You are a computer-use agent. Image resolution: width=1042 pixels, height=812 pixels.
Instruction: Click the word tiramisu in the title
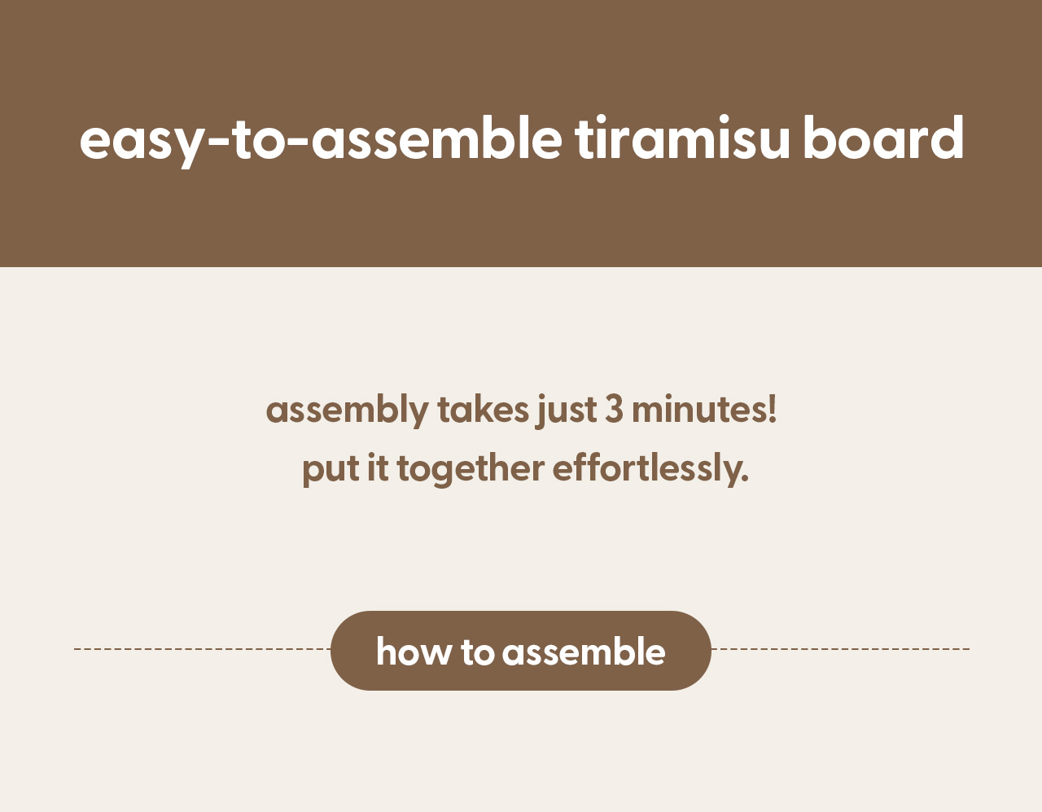(682, 138)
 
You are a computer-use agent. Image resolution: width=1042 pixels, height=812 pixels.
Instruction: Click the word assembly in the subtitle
(347, 411)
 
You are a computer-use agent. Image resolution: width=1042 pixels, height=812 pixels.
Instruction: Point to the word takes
(483, 410)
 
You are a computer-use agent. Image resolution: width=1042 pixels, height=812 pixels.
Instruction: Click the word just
(567, 411)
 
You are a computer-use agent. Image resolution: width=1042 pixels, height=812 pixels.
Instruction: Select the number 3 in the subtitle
(615, 410)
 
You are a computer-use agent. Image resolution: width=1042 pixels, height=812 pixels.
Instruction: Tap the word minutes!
(704, 410)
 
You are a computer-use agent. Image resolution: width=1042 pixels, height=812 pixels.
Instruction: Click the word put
(331, 471)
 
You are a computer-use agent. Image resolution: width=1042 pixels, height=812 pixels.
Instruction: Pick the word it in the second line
(378, 467)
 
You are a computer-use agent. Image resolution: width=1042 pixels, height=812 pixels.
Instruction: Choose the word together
(471, 470)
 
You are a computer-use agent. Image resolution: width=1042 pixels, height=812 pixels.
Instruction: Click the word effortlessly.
(650, 470)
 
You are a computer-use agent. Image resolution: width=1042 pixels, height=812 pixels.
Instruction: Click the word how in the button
(414, 651)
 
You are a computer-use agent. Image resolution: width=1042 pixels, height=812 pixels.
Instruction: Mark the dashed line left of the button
(202, 649)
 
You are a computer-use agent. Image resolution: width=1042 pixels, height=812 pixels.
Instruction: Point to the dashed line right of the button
(841, 649)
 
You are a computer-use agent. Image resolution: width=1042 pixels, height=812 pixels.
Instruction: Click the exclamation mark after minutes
(772, 410)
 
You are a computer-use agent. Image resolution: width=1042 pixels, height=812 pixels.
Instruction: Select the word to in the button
(477, 652)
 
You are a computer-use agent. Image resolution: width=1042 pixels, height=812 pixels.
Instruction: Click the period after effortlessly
(745, 479)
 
